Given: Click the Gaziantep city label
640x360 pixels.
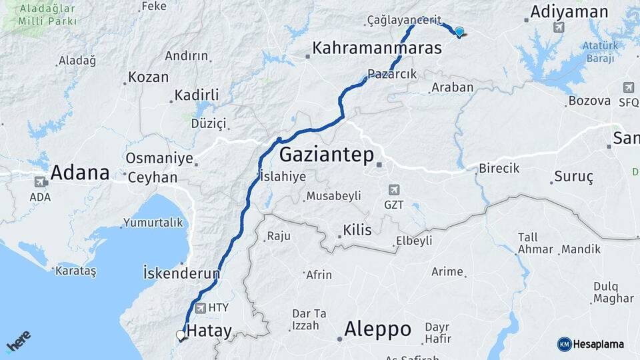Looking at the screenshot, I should tap(325, 155).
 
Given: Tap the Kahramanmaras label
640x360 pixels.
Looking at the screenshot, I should tap(377, 48).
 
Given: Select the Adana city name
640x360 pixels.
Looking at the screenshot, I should tap(80, 173).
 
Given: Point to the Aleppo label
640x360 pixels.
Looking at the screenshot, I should tap(377, 329).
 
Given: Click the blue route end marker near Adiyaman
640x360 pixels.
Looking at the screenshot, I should tap(459, 31).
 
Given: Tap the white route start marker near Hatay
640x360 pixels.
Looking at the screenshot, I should tap(180, 335).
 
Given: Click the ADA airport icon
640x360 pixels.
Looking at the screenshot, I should tap(40, 182).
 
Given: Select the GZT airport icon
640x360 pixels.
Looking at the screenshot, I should tap(393, 189).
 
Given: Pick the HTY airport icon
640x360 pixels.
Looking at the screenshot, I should tap(201, 307).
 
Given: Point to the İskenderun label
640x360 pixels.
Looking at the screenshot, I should tap(181, 273).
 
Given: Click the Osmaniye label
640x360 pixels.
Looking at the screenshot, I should tap(159, 159).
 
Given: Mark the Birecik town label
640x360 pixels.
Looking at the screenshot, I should tap(499, 168).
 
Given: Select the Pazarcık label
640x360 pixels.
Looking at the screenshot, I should tap(392, 74).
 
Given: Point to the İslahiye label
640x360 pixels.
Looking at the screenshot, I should tap(283, 177).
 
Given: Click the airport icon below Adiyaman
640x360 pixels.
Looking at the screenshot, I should tap(558, 27).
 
